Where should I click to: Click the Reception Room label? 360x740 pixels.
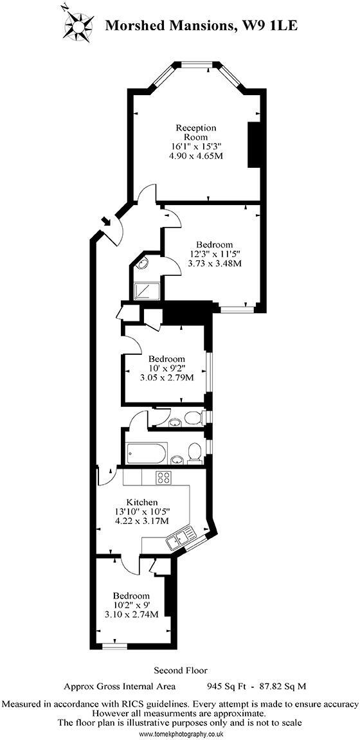point(196,132)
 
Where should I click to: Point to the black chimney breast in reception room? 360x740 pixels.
point(254,145)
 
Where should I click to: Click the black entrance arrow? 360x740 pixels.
point(105,220)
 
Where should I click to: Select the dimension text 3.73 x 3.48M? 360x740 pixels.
point(215,264)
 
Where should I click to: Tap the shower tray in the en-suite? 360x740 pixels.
point(146,291)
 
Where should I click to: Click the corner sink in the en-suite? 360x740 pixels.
point(142,265)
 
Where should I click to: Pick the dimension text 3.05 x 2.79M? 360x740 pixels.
point(166,377)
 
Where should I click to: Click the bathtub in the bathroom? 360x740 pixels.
point(146,453)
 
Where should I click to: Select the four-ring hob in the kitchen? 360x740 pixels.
point(164,478)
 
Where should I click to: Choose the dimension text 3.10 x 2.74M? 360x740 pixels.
point(131,613)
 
